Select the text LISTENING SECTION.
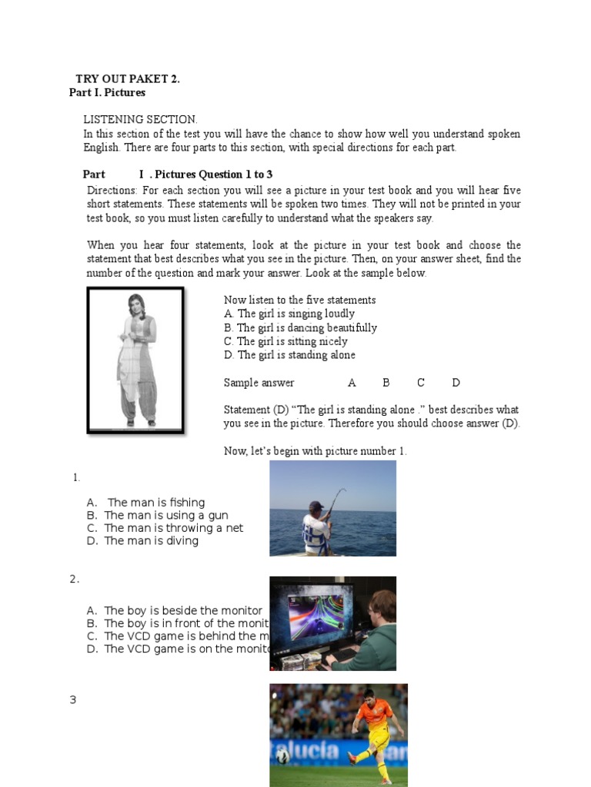[140, 119]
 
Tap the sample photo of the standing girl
[135, 359]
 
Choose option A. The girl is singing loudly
[289, 314]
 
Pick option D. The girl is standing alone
[289, 355]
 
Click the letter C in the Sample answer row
[421, 383]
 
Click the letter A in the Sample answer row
[352, 383]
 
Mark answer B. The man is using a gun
[166, 516]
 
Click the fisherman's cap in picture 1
[316, 506]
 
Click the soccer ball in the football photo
[282, 756]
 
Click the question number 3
[73, 700]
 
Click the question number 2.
[74, 579]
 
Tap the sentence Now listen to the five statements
[300, 300]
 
